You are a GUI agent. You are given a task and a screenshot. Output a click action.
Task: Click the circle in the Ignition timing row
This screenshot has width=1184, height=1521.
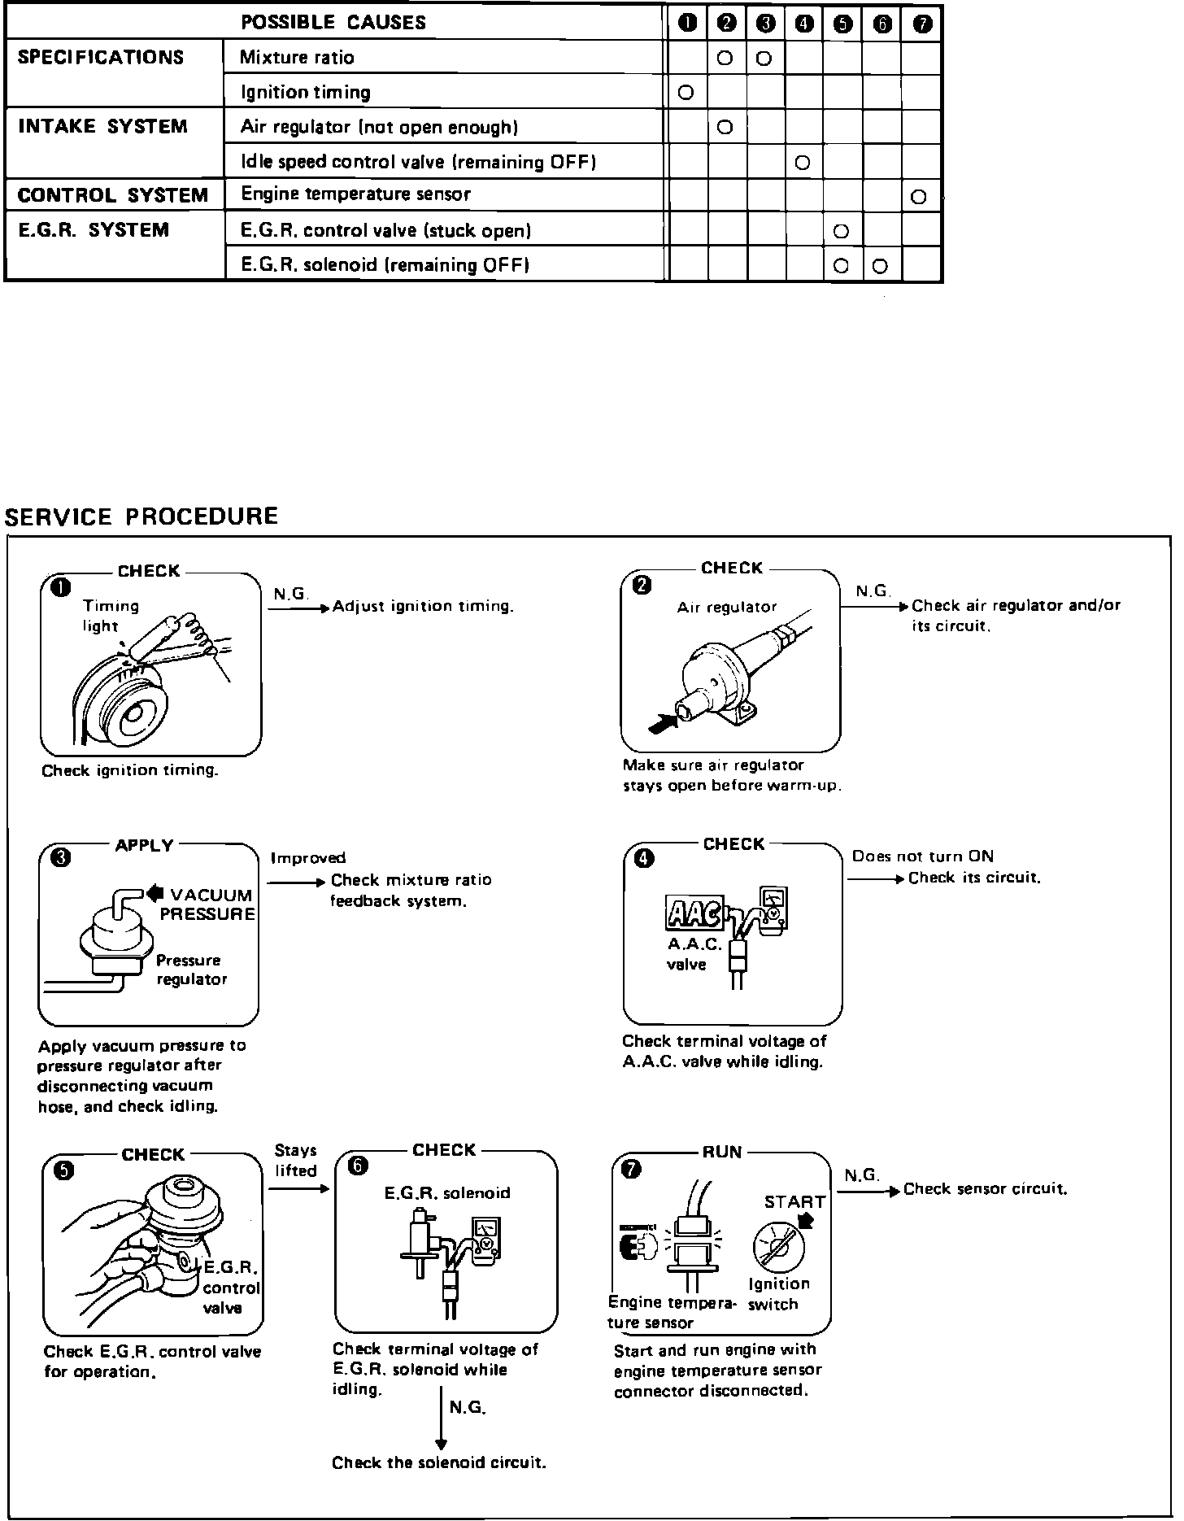pos(686,93)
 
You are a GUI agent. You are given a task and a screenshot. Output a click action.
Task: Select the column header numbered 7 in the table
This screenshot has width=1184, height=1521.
pos(922,24)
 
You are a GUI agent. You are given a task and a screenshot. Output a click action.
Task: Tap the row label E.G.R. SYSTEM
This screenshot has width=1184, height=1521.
pos(94,230)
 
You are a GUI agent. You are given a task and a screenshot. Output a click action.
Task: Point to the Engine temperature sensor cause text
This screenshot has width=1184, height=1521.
pos(355,194)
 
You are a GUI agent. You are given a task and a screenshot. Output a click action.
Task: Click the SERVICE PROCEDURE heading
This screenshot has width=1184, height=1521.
pos(141,516)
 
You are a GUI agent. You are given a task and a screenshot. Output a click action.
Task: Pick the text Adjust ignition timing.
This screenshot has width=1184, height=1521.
pos(423,606)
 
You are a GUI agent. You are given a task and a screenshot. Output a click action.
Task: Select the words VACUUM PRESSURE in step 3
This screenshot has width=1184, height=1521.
pos(208,904)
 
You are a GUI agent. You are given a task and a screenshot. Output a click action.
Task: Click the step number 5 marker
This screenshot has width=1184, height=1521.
pos(63,1170)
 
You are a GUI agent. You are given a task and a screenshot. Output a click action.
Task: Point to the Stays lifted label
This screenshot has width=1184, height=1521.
pos(295,1161)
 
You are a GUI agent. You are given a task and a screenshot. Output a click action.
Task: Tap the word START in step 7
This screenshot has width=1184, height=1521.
pos(794,1202)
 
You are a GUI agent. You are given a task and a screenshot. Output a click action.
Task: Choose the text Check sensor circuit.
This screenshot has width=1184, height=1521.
pos(985,1189)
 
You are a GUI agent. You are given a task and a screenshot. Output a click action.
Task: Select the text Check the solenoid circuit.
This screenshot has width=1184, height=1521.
pos(438,1462)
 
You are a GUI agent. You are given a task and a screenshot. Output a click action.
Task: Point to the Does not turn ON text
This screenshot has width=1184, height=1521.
pos(922,856)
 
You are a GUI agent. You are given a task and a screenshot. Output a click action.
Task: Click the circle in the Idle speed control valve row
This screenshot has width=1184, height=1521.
pos(803,163)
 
